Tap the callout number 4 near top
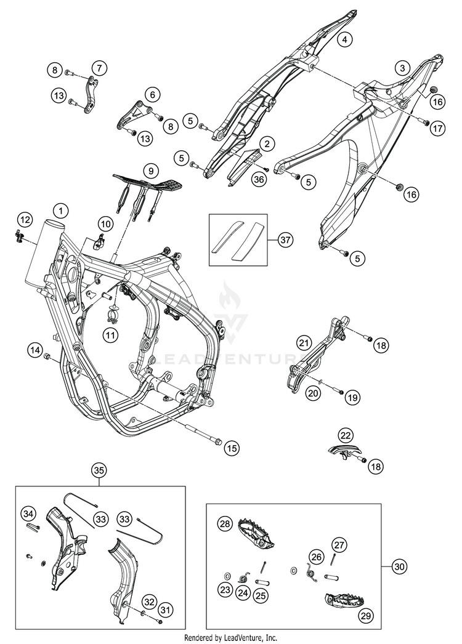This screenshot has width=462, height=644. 345,39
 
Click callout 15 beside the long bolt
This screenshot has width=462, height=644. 231,448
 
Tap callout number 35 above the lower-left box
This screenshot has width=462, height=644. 100,470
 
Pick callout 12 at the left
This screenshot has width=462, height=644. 24,219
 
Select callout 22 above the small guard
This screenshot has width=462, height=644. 345,435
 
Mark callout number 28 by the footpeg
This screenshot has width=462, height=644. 224,523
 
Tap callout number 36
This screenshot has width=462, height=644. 259,177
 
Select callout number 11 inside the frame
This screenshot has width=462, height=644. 110,334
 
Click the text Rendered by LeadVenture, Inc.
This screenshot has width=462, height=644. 231,637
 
